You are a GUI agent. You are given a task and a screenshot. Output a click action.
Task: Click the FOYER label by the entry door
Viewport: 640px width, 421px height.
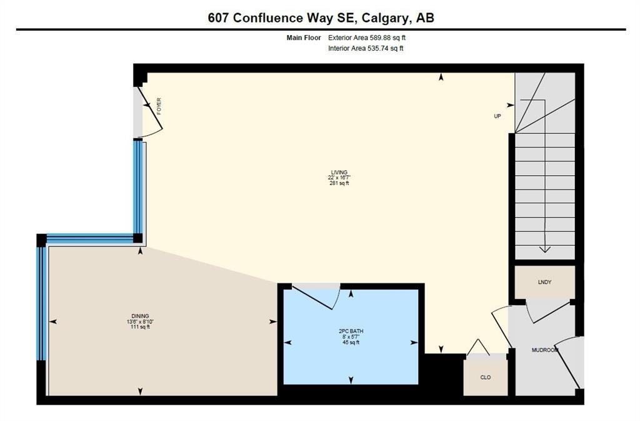click(x=159, y=106)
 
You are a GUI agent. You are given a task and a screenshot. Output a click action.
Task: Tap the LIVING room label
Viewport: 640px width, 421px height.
click(x=339, y=172)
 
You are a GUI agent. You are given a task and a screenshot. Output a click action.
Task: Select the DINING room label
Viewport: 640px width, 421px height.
click(x=140, y=316)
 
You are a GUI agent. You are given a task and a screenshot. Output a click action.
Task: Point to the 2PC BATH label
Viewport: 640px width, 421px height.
click(x=351, y=331)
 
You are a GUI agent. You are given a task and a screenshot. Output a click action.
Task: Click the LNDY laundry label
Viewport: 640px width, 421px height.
click(x=544, y=282)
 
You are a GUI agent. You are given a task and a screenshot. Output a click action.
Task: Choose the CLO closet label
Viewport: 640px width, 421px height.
click(x=485, y=377)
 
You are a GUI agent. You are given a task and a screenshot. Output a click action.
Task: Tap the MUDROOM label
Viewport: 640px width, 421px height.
click(x=544, y=350)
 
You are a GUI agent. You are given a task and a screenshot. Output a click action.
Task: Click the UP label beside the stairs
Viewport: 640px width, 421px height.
click(x=497, y=116)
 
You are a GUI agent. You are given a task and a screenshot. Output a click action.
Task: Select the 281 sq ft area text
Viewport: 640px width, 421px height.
click(x=339, y=183)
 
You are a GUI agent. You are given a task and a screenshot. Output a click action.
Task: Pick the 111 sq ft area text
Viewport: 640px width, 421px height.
click(x=140, y=327)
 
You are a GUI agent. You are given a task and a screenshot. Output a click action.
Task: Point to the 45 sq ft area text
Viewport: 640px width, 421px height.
click(x=351, y=342)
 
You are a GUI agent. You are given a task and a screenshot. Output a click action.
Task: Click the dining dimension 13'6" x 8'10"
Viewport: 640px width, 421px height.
click(x=140, y=322)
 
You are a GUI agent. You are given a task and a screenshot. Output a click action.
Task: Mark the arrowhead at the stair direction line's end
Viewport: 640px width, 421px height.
click(x=545, y=250)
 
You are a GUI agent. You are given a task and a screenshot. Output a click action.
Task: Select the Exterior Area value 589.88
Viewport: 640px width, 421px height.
click(x=379, y=38)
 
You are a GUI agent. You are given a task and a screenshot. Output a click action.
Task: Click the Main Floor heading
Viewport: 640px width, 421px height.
click(x=304, y=38)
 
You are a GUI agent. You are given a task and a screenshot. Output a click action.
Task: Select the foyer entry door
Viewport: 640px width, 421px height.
click(x=151, y=110)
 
